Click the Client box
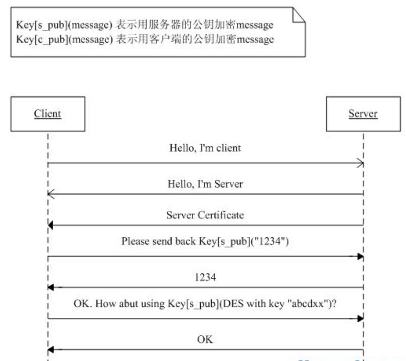click(x=48, y=114)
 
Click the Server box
click(x=363, y=114)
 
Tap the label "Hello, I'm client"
click(x=205, y=148)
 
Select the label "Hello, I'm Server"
click(x=205, y=184)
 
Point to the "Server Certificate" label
click(x=205, y=215)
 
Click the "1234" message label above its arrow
click(x=205, y=277)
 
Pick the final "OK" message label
click(x=205, y=339)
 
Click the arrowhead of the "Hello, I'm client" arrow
click(x=360, y=163)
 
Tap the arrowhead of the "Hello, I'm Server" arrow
click(x=51, y=194)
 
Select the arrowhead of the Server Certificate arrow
click(x=51, y=225)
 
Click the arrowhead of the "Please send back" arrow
click(x=360, y=256)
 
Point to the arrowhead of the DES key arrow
click(x=360, y=318)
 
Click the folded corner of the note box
click(x=299, y=15)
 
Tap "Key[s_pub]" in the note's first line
click(x=42, y=25)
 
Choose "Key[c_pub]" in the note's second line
click(x=42, y=40)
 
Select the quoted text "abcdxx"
click(x=308, y=303)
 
